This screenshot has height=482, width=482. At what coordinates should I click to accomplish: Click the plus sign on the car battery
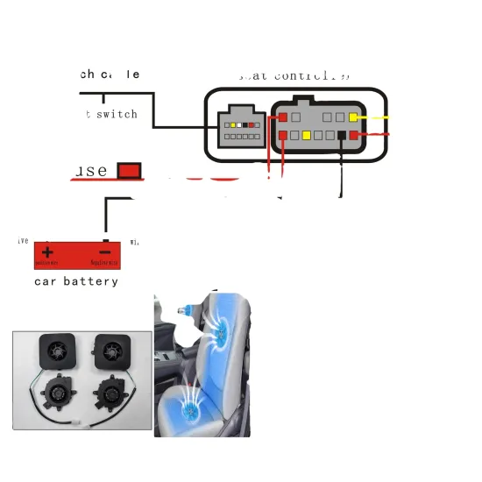(x=47, y=251)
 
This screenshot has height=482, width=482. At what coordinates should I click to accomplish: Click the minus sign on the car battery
(x=104, y=251)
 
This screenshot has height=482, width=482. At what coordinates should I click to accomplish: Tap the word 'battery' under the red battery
(x=90, y=281)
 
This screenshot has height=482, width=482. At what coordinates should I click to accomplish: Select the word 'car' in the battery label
(x=46, y=281)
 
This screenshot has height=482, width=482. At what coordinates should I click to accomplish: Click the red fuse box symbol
(x=130, y=170)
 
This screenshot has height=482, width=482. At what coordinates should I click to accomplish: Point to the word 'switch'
(x=117, y=114)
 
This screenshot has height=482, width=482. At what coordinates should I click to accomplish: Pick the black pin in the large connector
(x=342, y=136)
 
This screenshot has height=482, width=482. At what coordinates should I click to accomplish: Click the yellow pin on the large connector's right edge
(x=353, y=117)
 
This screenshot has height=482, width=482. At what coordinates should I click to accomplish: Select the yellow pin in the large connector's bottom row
(x=308, y=136)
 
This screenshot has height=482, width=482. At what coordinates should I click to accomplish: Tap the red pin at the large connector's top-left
(x=283, y=117)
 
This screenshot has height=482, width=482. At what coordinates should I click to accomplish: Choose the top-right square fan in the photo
(x=111, y=351)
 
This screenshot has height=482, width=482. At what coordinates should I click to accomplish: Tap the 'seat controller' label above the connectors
(x=294, y=75)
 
